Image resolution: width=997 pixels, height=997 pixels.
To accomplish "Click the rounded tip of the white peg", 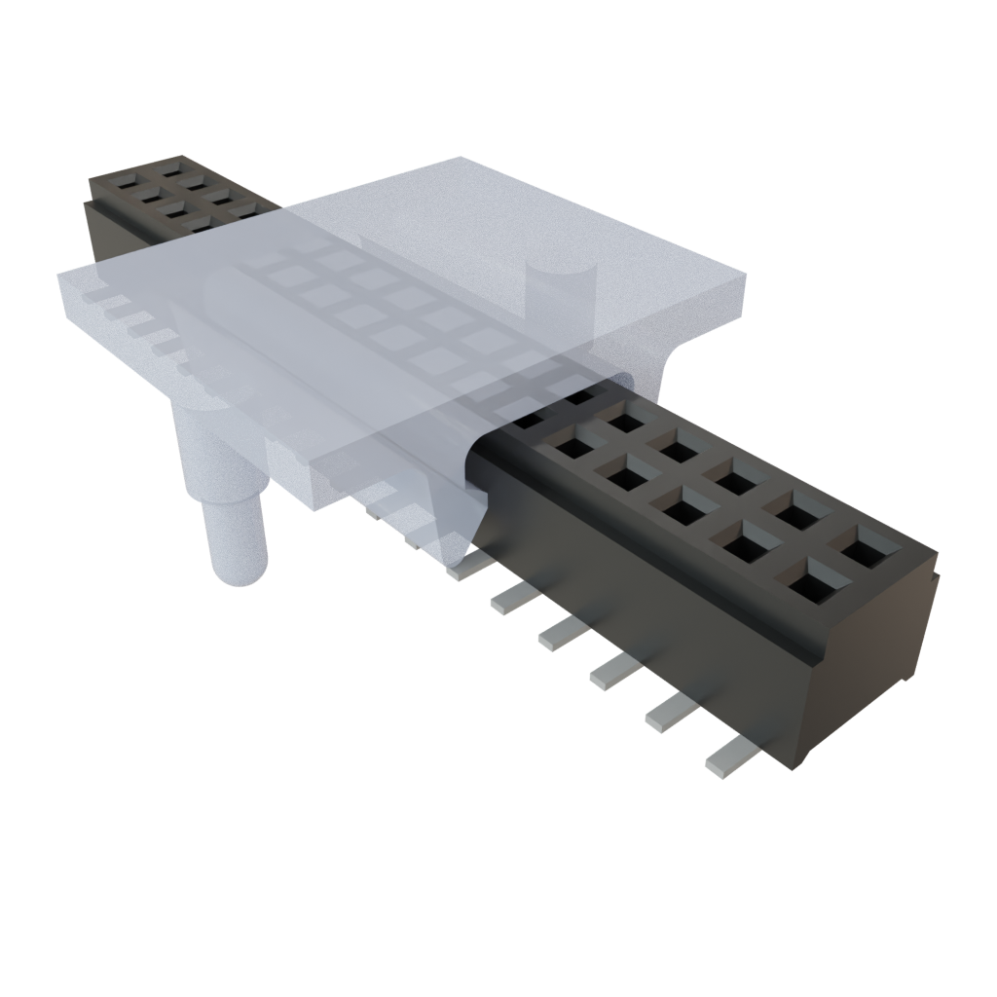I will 238,574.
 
